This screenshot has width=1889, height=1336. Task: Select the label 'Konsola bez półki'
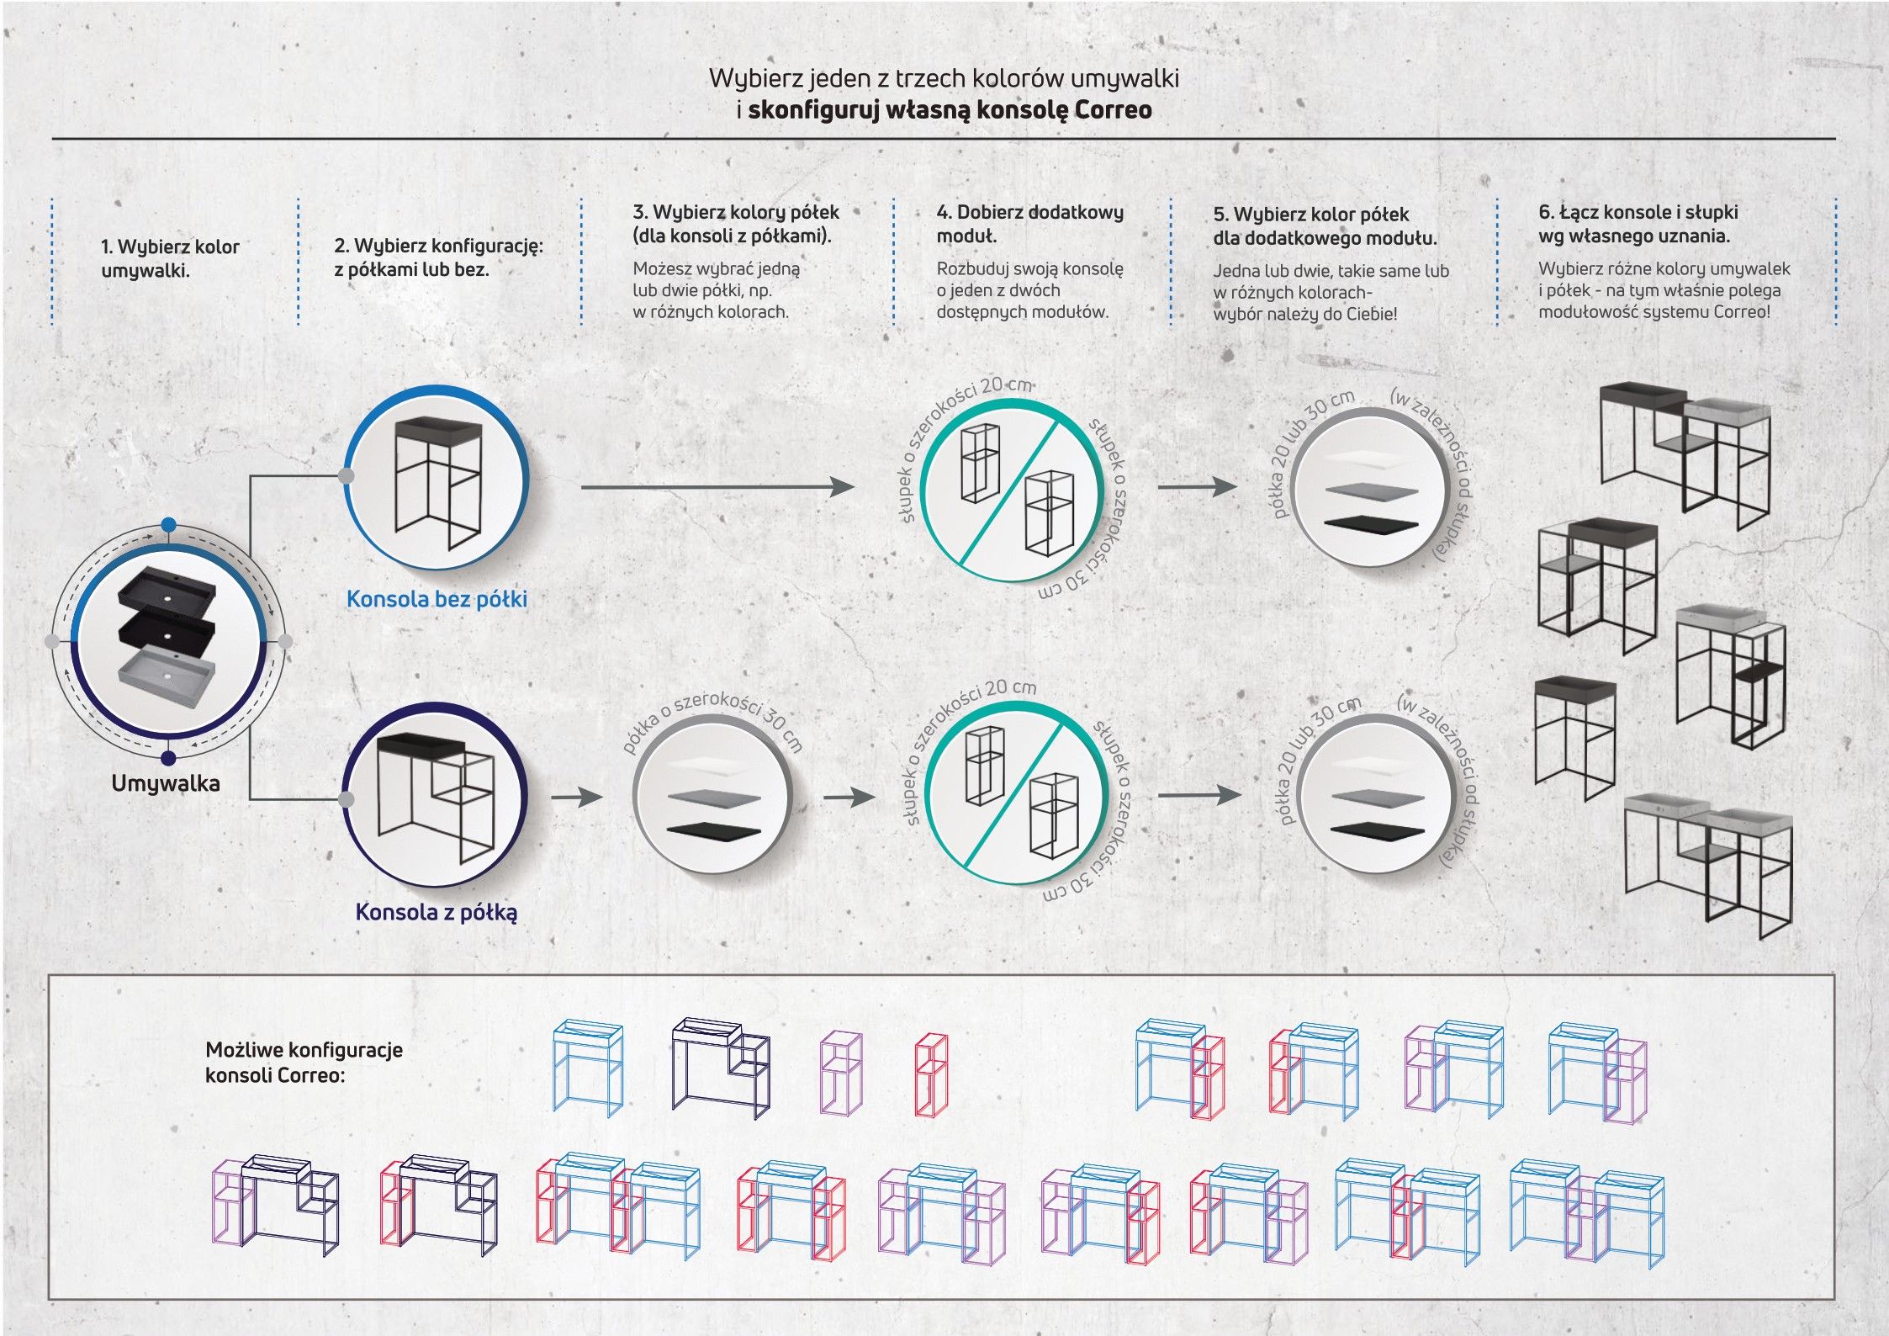[x=437, y=599]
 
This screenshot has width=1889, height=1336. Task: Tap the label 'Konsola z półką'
[x=436, y=912]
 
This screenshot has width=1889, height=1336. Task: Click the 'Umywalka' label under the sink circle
[x=166, y=783]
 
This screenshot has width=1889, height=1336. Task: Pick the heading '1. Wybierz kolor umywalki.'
[x=170, y=258]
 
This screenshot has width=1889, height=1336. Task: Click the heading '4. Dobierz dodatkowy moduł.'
[x=1029, y=224]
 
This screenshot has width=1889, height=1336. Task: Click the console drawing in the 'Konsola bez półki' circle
[x=438, y=481]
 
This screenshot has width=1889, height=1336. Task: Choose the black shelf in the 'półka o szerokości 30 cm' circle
[x=713, y=830]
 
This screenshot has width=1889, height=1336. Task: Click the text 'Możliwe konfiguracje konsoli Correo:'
[x=304, y=1062]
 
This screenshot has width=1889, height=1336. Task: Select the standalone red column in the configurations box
[x=930, y=1074]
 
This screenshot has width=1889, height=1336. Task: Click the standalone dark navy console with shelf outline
[x=720, y=1067]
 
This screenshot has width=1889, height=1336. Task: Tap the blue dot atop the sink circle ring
[x=169, y=525]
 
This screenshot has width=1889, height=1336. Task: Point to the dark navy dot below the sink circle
[x=168, y=758]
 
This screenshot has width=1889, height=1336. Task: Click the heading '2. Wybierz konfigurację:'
[x=438, y=247]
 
